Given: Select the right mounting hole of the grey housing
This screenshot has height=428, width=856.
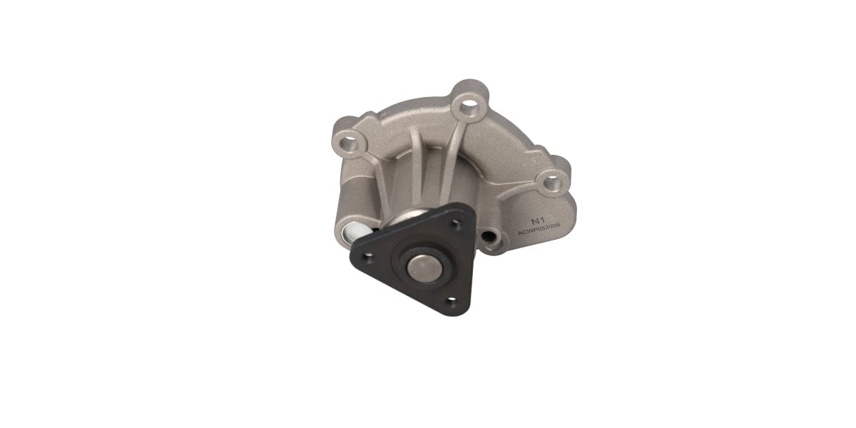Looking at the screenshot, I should (x=551, y=183).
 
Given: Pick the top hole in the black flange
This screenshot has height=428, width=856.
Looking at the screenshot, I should (x=457, y=223).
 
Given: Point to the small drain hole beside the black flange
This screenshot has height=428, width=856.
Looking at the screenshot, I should (x=489, y=237).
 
